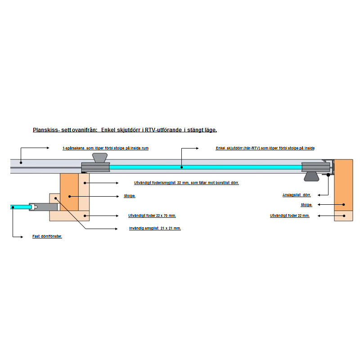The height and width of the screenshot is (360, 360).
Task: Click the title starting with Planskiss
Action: (x=125, y=130)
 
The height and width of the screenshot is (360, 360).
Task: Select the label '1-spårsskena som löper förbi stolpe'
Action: (x=106, y=148)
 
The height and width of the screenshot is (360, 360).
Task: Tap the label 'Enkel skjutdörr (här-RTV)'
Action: (x=265, y=148)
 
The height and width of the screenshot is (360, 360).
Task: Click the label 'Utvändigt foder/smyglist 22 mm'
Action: (x=186, y=183)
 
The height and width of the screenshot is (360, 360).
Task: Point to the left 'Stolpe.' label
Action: (x=130, y=196)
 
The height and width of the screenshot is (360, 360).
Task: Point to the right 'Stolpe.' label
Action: (x=306, y=205)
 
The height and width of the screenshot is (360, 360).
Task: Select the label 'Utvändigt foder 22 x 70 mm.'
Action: (x=152, y=216)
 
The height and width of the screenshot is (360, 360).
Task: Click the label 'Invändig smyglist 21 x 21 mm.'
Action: (x=155, y=228)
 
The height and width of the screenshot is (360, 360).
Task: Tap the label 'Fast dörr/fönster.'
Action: (x=47, y=236)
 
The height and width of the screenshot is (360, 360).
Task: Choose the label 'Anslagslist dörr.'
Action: (x=297, y=195)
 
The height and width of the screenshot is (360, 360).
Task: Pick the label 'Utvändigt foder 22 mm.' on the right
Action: (x=290, y=216)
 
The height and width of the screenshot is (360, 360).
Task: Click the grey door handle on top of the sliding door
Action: (x=99, y=158)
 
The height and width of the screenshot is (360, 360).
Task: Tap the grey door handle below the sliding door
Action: (x=311, y=176)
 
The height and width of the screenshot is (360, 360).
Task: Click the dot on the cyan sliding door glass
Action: (x=182, y=167)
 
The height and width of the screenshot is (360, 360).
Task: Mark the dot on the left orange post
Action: (x=70, y=197)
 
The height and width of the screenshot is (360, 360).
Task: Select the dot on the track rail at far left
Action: (x=21, y=162)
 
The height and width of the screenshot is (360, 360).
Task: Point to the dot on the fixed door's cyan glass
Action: (x=13, y=207)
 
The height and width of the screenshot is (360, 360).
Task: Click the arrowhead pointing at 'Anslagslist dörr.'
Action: (x=319, y=195)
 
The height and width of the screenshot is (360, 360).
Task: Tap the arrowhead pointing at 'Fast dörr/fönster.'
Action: (x=22, y=237)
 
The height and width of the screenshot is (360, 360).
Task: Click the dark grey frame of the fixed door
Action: (x=44, y=207)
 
